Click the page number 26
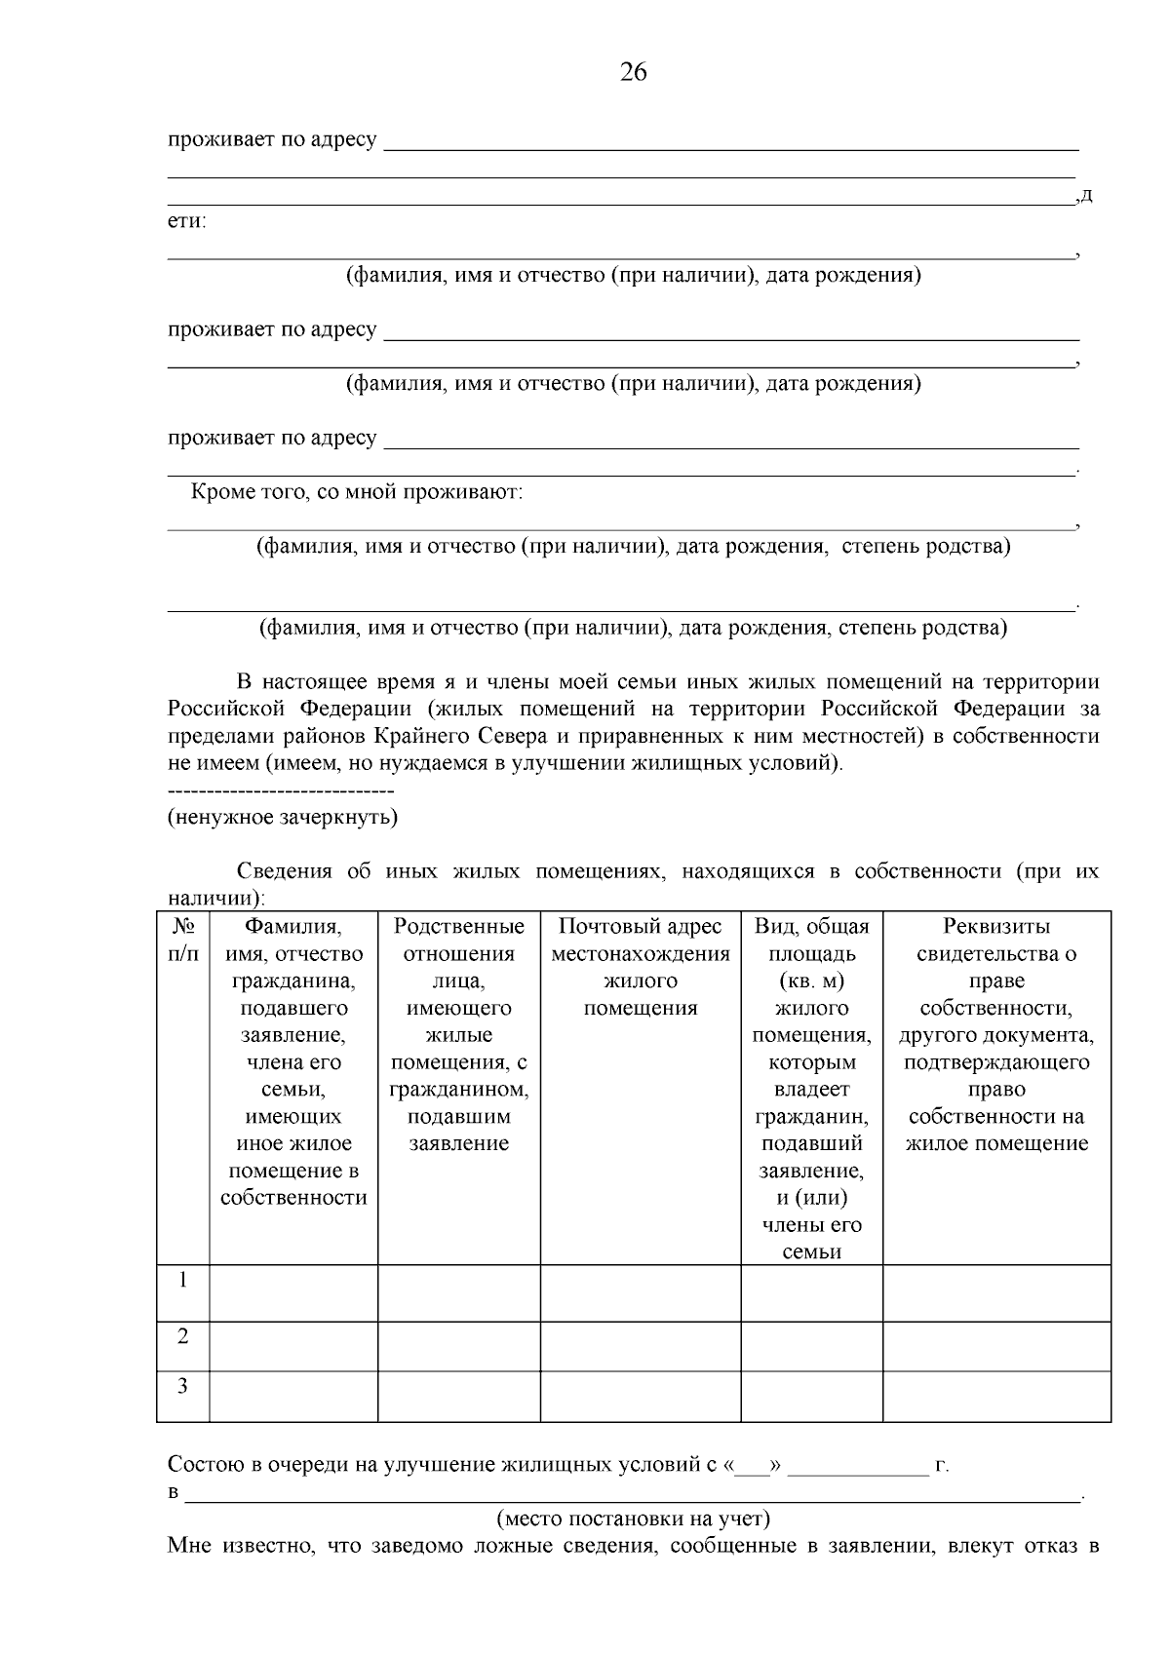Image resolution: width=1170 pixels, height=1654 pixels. tap(633, 72)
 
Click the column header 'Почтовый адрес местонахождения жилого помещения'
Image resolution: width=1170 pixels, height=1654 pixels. tap(641, 967)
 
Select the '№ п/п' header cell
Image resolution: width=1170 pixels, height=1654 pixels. tap(183, 940)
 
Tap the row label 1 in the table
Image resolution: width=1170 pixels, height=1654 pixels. tap(183, 1280)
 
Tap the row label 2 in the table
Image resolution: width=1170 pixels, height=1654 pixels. tap(183, 1336)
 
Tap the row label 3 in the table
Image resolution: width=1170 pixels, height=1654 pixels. tap(183, 1385)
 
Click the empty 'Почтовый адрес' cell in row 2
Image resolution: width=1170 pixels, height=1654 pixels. tap(641, 1346)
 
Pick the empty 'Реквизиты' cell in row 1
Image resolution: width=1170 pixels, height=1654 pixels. tap(996, 1292)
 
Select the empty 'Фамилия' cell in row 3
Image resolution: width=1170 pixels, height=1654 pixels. tap(293, 1396)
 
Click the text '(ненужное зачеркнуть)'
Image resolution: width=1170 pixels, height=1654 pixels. tap(283, 817)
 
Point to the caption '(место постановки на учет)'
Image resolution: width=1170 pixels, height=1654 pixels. tap(634, 1518)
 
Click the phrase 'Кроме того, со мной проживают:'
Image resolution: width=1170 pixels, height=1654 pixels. tap(357, 492)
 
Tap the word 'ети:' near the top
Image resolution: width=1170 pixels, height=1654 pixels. tap(187, 221)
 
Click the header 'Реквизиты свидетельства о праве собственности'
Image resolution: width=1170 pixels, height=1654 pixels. tap(996, 1035)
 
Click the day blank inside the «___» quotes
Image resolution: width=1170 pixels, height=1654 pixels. tap(752, 1465)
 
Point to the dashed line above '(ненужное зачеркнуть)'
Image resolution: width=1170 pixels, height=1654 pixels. tap(281, 790)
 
